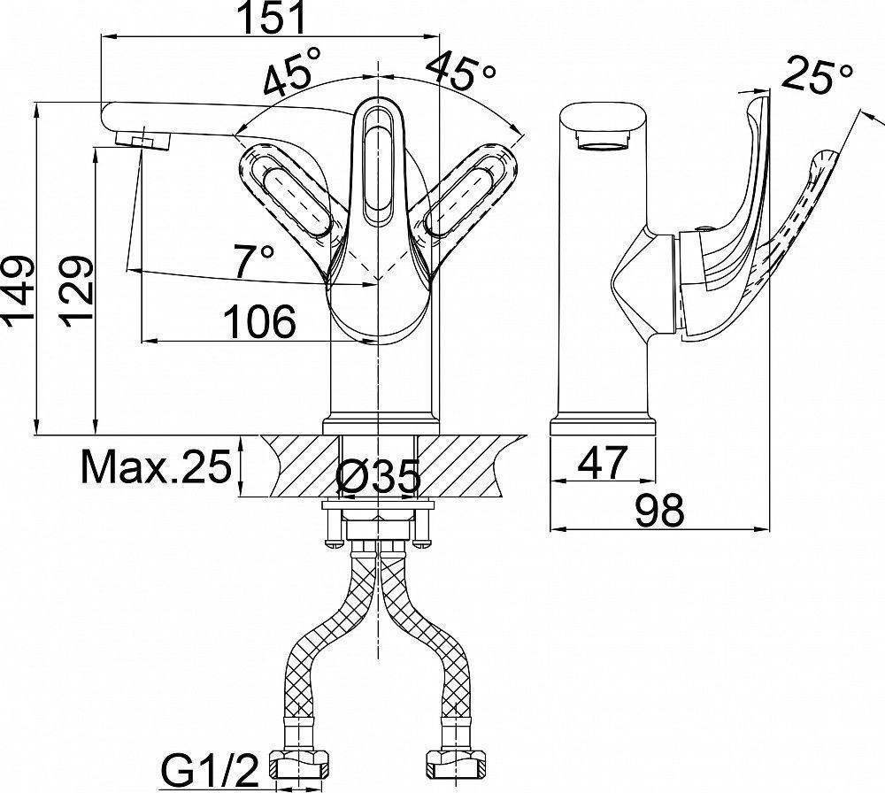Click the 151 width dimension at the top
(x=272, y=18)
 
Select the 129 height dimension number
(x=75, y=292)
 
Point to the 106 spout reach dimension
(x=260, y=322)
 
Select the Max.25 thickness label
(x=157, y=466)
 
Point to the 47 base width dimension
(x=603, y=462)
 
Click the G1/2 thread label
(x=210, y=770)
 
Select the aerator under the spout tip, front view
(x=142, y=139)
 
